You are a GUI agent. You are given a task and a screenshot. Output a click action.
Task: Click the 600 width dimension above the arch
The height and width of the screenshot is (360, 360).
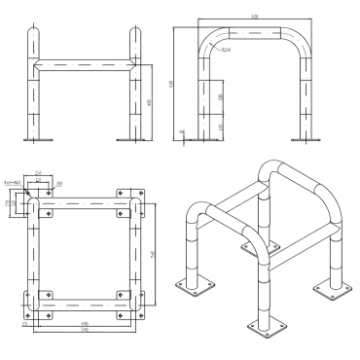coord(254,17)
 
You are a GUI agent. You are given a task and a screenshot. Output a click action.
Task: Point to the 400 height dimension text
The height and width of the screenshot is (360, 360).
coord(148,102)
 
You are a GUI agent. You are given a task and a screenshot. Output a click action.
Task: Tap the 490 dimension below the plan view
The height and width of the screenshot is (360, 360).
coord(85,323)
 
